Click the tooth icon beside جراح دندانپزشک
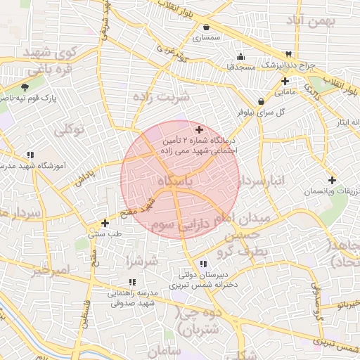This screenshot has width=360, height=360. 288,55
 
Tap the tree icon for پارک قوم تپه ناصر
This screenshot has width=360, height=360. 25,87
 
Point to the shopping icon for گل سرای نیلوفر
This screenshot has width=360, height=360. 261,101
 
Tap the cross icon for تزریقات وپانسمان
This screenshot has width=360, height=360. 332,179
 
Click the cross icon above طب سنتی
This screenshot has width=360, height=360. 105,223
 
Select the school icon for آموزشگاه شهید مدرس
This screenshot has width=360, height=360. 30,154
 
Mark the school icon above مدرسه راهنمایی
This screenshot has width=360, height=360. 132,282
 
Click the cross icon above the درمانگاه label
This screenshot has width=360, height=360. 199,129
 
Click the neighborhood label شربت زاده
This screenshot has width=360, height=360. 162,97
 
